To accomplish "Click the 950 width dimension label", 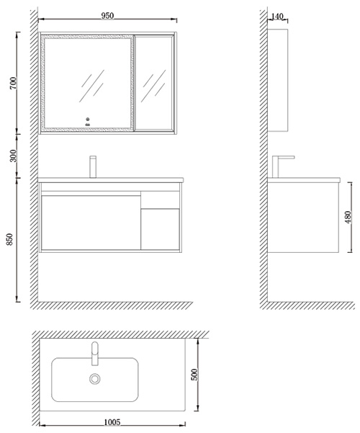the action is (107, 16).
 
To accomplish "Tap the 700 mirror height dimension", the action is (13, 83).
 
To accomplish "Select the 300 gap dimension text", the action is (13, 156).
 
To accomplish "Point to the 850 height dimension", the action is (9, 239).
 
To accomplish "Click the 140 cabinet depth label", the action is (277, 17).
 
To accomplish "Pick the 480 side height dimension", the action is (348, 218).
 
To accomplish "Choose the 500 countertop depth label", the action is (194, 375).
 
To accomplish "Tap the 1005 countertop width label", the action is (112, 422).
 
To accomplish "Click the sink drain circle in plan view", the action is (95, 379).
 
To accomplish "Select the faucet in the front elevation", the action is (93, 167).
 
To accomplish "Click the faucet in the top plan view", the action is (95, 354).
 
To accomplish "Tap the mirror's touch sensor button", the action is (88, 120).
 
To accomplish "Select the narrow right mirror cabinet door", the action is (154, 83).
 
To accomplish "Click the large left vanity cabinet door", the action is (91, 223).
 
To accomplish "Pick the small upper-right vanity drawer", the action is (160, 200).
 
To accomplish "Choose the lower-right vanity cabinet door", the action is (160, 230).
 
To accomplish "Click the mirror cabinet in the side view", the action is (278, 80).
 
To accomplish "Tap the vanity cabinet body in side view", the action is (303, 218).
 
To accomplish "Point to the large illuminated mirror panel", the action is (87, 83).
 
